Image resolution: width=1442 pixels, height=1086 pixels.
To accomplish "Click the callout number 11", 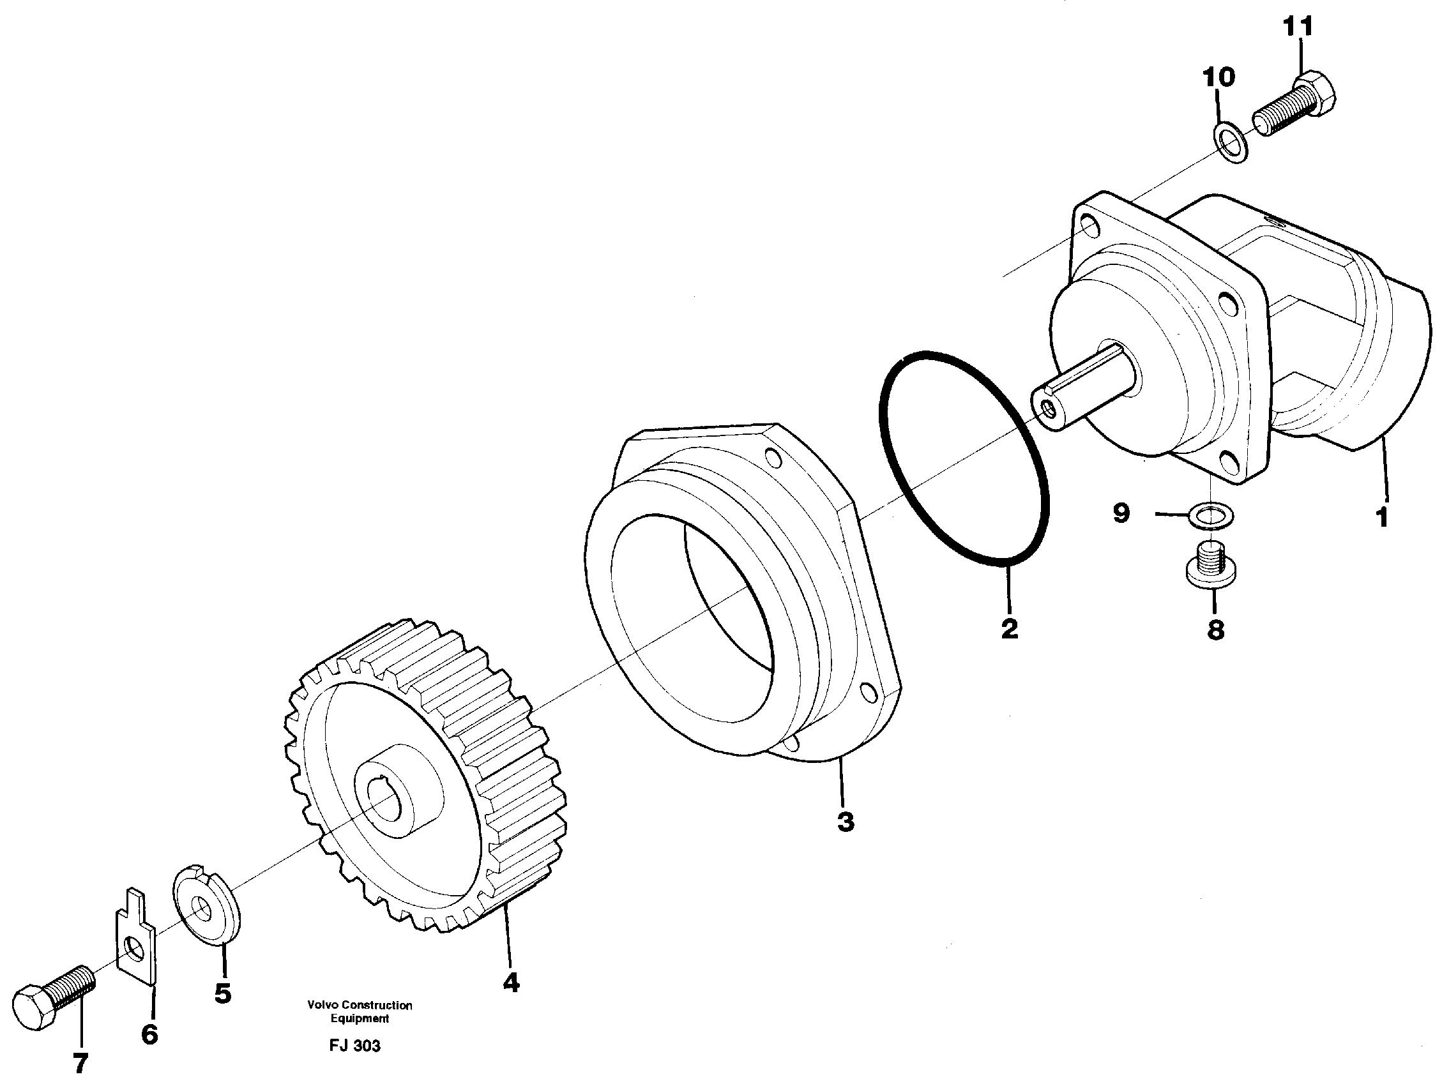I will point(1298,27).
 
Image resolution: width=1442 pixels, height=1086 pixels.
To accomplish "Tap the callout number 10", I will point(1218,78).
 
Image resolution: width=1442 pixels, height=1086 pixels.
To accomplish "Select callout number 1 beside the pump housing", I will point(1381,517).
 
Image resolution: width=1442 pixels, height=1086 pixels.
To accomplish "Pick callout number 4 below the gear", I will point(510,983).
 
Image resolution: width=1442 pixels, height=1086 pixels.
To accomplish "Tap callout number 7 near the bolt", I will point(80,1064).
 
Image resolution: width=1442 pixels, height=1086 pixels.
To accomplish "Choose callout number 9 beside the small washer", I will point(1121,514).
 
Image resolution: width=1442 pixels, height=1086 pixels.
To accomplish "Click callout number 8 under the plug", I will point(1215,630).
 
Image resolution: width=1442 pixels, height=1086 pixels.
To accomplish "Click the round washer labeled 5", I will point(206,904).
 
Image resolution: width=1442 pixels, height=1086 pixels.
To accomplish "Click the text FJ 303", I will point(354,1046).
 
